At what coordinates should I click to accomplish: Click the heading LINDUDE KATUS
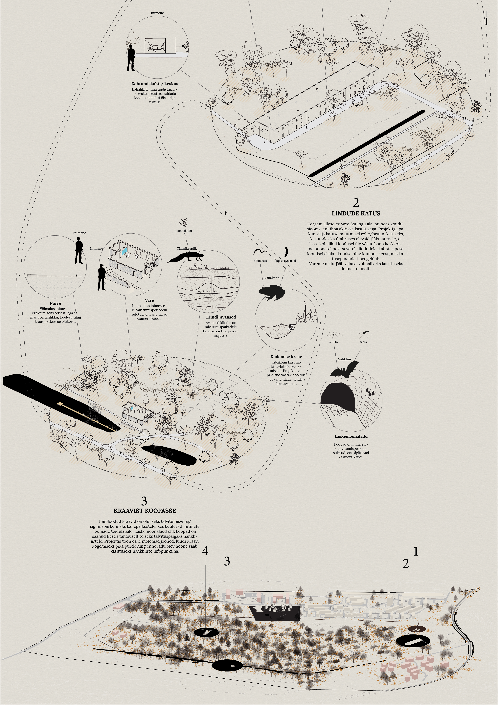point(356,213)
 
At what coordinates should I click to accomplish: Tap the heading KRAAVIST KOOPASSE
point(145,511)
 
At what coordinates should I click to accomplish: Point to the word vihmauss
point(260,261)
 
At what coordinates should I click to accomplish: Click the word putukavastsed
point(286,261)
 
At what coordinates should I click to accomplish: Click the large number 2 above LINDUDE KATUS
point(356,203)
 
